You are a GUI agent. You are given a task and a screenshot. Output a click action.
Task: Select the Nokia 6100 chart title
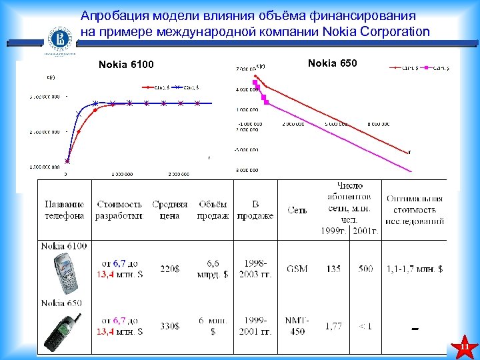pos(126,65)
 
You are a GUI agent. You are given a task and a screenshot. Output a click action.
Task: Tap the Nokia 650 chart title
pos(333,63)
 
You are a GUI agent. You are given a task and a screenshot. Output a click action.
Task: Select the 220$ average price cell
pos(169,269)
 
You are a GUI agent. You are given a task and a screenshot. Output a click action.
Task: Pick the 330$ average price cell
pos(169,326)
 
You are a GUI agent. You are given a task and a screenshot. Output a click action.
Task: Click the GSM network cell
pos(297,269)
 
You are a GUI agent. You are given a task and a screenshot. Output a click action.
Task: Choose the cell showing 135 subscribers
pos(333,269)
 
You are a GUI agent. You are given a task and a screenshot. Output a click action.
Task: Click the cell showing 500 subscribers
pos(365,269)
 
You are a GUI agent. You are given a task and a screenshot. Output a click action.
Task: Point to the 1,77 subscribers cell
pos(333,326)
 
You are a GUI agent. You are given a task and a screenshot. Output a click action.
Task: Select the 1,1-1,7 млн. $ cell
pos(415,269)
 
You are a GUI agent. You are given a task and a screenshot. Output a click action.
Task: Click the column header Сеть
pos(297,211)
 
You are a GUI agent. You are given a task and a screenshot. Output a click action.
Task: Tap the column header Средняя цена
pos(170,210)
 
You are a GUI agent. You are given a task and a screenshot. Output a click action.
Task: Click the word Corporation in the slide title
pos(393,31)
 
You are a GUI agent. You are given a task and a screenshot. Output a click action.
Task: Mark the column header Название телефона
pos(65,210)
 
